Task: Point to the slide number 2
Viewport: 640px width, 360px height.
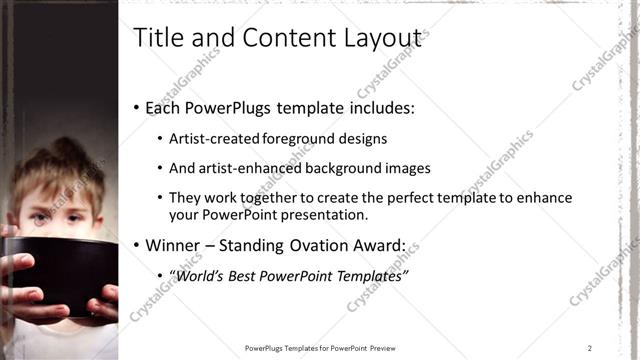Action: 589,348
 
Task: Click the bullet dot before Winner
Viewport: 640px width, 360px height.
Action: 137,245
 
